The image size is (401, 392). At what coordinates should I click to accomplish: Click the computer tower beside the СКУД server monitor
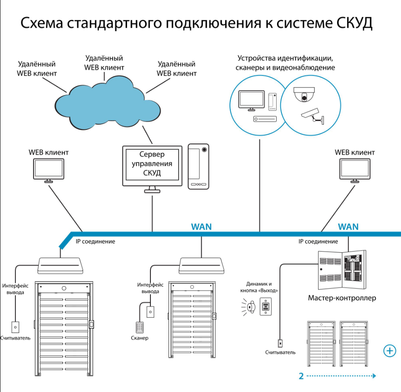199,166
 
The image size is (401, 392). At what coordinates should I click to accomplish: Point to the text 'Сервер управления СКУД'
152,164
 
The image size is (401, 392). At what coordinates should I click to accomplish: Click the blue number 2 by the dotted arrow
301,376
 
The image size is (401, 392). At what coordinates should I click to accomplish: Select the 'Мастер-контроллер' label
342,298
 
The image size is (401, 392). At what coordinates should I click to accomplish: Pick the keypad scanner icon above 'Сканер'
139,328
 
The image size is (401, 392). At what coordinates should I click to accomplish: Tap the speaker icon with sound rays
250,306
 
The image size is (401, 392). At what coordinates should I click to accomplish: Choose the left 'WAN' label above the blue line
201,227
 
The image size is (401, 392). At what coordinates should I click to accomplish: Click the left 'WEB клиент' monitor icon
49,170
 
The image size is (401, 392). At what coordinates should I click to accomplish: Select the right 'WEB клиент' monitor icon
354,170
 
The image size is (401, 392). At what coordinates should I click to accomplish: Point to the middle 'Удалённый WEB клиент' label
104,63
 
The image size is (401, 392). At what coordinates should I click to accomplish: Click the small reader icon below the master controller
280,342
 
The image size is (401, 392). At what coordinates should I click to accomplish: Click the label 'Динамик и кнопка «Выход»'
259,287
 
